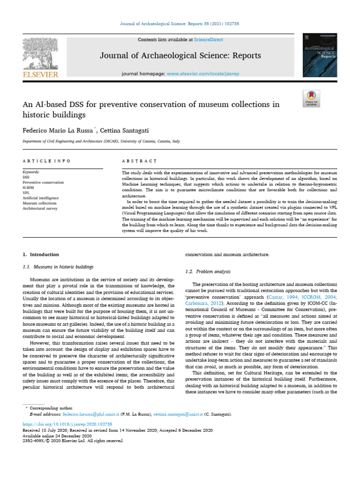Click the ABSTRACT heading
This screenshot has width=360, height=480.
point(139,161)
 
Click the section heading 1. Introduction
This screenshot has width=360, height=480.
point(41,255)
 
